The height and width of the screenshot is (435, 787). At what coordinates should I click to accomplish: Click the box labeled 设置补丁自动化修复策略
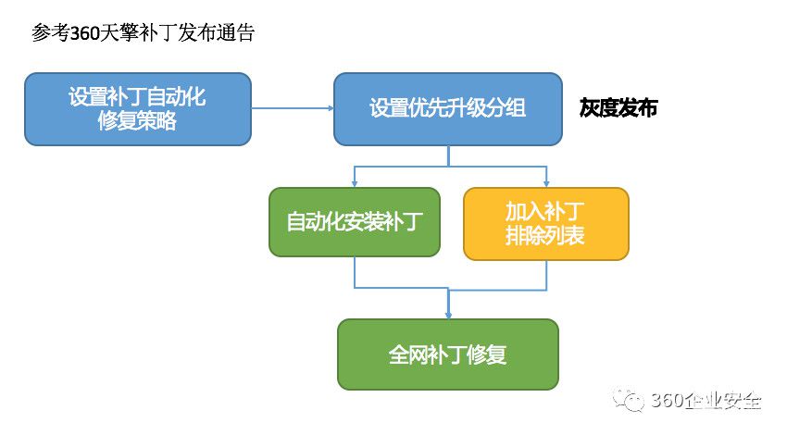(x=138, y=109)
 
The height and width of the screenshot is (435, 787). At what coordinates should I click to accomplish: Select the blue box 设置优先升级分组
(x=448, y=109)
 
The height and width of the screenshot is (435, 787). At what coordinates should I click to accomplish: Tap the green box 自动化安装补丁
(x=355, y=222)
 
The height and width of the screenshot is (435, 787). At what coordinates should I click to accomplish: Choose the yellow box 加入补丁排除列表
(x=546, y=224)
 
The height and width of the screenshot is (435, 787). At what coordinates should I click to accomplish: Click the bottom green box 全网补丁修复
(x=448, y=354)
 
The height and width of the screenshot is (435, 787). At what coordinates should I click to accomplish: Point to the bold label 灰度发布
(x=618, y=108)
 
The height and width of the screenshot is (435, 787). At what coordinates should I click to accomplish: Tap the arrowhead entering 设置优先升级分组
(x=331, y=108)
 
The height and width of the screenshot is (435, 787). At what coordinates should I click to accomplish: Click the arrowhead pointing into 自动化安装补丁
(x=355, y=184)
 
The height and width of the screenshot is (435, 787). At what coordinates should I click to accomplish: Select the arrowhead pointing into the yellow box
(x=546, y=184)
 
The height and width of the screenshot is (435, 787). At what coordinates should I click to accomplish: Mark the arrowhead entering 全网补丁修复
(x=448, y=316)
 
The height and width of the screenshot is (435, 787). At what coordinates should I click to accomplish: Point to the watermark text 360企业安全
(x=706, y=401)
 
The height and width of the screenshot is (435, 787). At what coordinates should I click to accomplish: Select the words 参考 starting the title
(x=50, y=33)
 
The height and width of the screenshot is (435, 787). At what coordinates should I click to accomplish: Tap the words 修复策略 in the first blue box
(x=138, y=121)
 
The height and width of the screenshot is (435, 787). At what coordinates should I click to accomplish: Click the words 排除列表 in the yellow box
(x=545, y=235)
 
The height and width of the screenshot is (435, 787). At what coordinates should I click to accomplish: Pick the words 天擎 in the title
(x=119, y=33)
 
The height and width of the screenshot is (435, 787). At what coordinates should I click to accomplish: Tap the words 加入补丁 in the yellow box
(x=545, y=211)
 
